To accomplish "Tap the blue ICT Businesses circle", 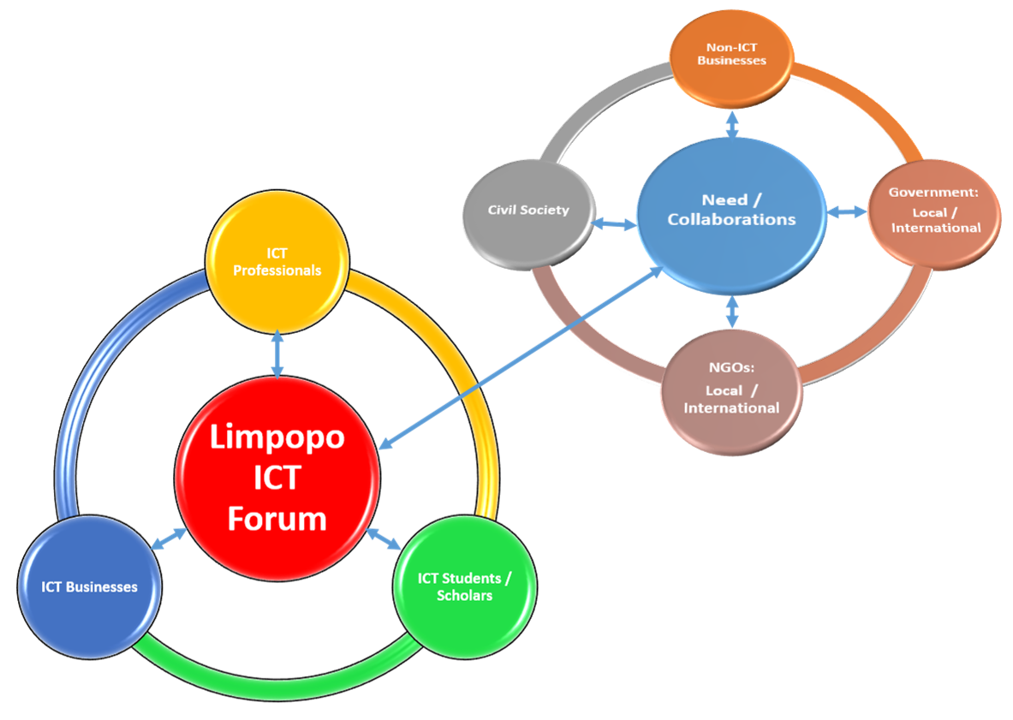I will [x=90, y=587].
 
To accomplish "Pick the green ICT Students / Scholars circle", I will [x=464, y=588].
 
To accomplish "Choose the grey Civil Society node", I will [x=528, y=211].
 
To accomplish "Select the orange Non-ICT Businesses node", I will [x=731, y=60].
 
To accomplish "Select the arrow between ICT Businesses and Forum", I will [x=169, y=539].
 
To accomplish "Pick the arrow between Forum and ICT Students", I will [x=384, y=539].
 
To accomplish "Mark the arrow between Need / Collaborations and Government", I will [x=847, y=211].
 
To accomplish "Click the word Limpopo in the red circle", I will [x=277, y=437].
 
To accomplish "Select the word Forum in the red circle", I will [x=277, y=518].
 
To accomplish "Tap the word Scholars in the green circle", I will [x=465, y=596].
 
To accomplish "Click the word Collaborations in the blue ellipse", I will [x=731, y=220].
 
